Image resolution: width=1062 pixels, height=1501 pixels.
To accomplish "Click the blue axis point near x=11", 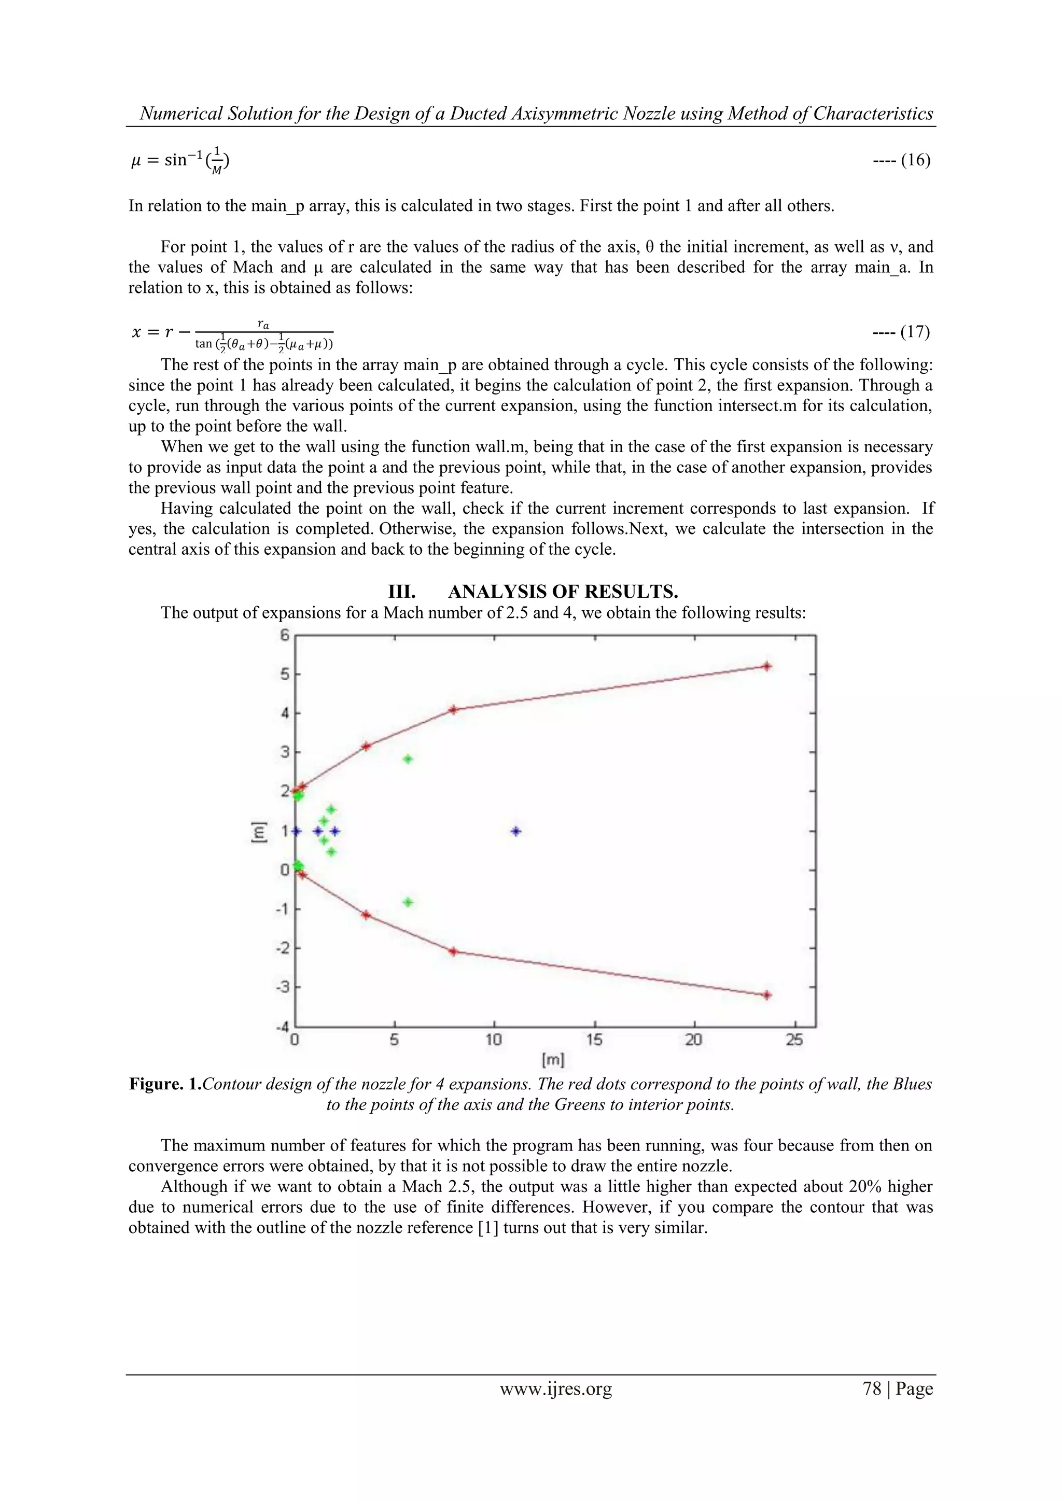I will point(516,831).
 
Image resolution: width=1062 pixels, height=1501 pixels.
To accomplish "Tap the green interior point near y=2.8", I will point(408,759).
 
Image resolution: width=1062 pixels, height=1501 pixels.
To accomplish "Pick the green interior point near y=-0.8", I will point(408,902).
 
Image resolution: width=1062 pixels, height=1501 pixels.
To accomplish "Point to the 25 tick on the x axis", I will point(794,1040).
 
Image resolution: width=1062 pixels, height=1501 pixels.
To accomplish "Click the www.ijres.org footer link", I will point(555,1389).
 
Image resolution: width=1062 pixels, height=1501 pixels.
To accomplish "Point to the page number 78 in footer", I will point(872,1389).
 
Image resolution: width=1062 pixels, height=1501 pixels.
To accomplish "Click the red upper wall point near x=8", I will point(453,709).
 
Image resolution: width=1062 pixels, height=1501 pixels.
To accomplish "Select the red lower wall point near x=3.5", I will point(366,915).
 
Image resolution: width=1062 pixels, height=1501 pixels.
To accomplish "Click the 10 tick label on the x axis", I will point(494,1040).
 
